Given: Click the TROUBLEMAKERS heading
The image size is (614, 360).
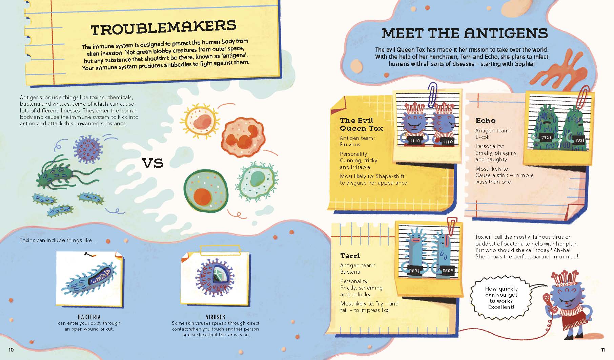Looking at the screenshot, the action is click(x=163, y=28).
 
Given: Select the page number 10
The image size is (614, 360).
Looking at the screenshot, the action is click(x=11, y=350).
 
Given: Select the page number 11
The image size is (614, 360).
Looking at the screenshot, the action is click(x=603, y=350).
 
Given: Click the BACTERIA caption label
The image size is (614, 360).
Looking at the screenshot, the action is click(x=89, y=317).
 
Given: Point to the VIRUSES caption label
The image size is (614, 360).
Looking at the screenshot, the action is click(x=216, y=317).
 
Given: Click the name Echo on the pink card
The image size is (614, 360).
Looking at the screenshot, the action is click(x=485, y=121).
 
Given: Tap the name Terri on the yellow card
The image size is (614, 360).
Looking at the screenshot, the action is click(x=350, y=255).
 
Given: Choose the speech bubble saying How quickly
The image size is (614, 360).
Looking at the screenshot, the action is click(x=501, y=298).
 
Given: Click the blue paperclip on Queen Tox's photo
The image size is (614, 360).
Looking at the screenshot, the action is click(x=432, y=95).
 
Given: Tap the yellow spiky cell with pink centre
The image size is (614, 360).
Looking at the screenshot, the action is click(x=199, y=121).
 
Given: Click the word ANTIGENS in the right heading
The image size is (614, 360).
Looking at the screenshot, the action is click(x=506, y=33).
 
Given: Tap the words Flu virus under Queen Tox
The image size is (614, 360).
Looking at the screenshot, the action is click(x=350, y=144).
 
